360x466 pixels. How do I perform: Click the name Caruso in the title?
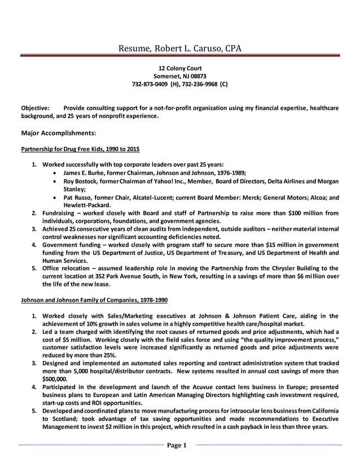pos(206,49)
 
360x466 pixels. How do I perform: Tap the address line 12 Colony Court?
pos(179,68)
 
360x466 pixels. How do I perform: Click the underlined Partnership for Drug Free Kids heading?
pos(80,150)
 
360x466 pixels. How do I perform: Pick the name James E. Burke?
pos(86,173)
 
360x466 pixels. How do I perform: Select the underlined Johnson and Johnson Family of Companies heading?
pos(94,300)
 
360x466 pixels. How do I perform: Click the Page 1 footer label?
pos(179,446)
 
